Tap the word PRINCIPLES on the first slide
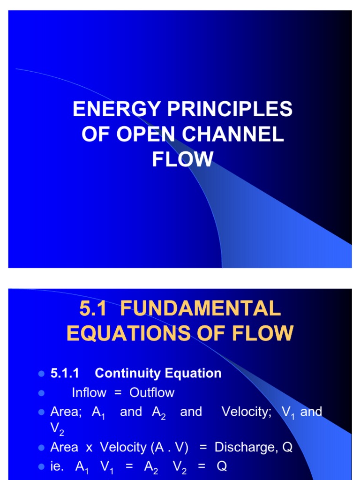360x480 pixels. pos(229,110)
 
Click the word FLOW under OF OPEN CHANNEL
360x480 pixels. pos(182,159)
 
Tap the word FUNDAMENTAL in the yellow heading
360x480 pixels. pos(201,308)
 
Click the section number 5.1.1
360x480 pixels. pos(64,373)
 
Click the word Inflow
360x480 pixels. pos(89,393)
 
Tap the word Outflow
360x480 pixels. pos(152,393)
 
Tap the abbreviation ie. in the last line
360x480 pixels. pos(57,467)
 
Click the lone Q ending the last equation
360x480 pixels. pos(222,467)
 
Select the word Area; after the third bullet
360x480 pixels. pos(66,412)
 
